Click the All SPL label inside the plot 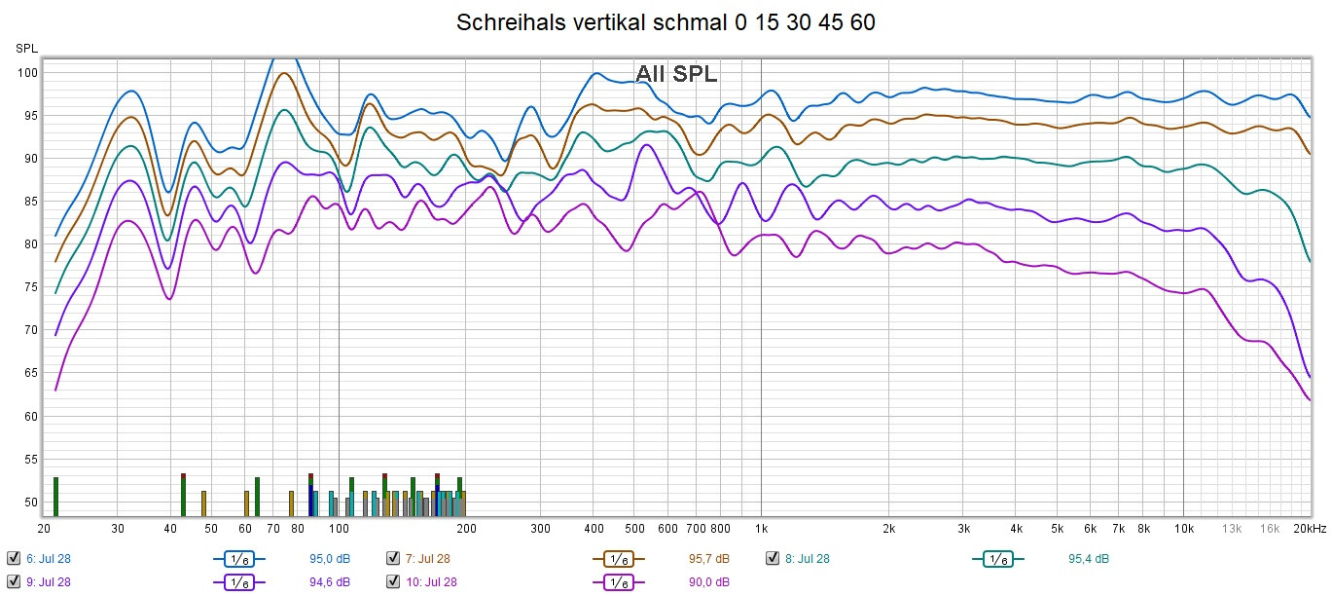coord(676,73)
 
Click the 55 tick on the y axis coord(30,459)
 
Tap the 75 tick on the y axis coord(30,287)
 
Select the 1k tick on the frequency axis coord(761,529)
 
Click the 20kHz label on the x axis coord(1309,529)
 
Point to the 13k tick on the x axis coord(1232,529)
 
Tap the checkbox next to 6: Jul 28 coord(14,558)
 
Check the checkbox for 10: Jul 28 coord(393,582)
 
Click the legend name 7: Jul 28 coord(428,559)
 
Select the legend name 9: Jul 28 coord(48,582)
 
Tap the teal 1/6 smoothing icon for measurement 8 coord(997,559)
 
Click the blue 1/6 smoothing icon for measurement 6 coord(238,559)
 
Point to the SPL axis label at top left coord(25,48)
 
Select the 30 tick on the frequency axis coord(117,529)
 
